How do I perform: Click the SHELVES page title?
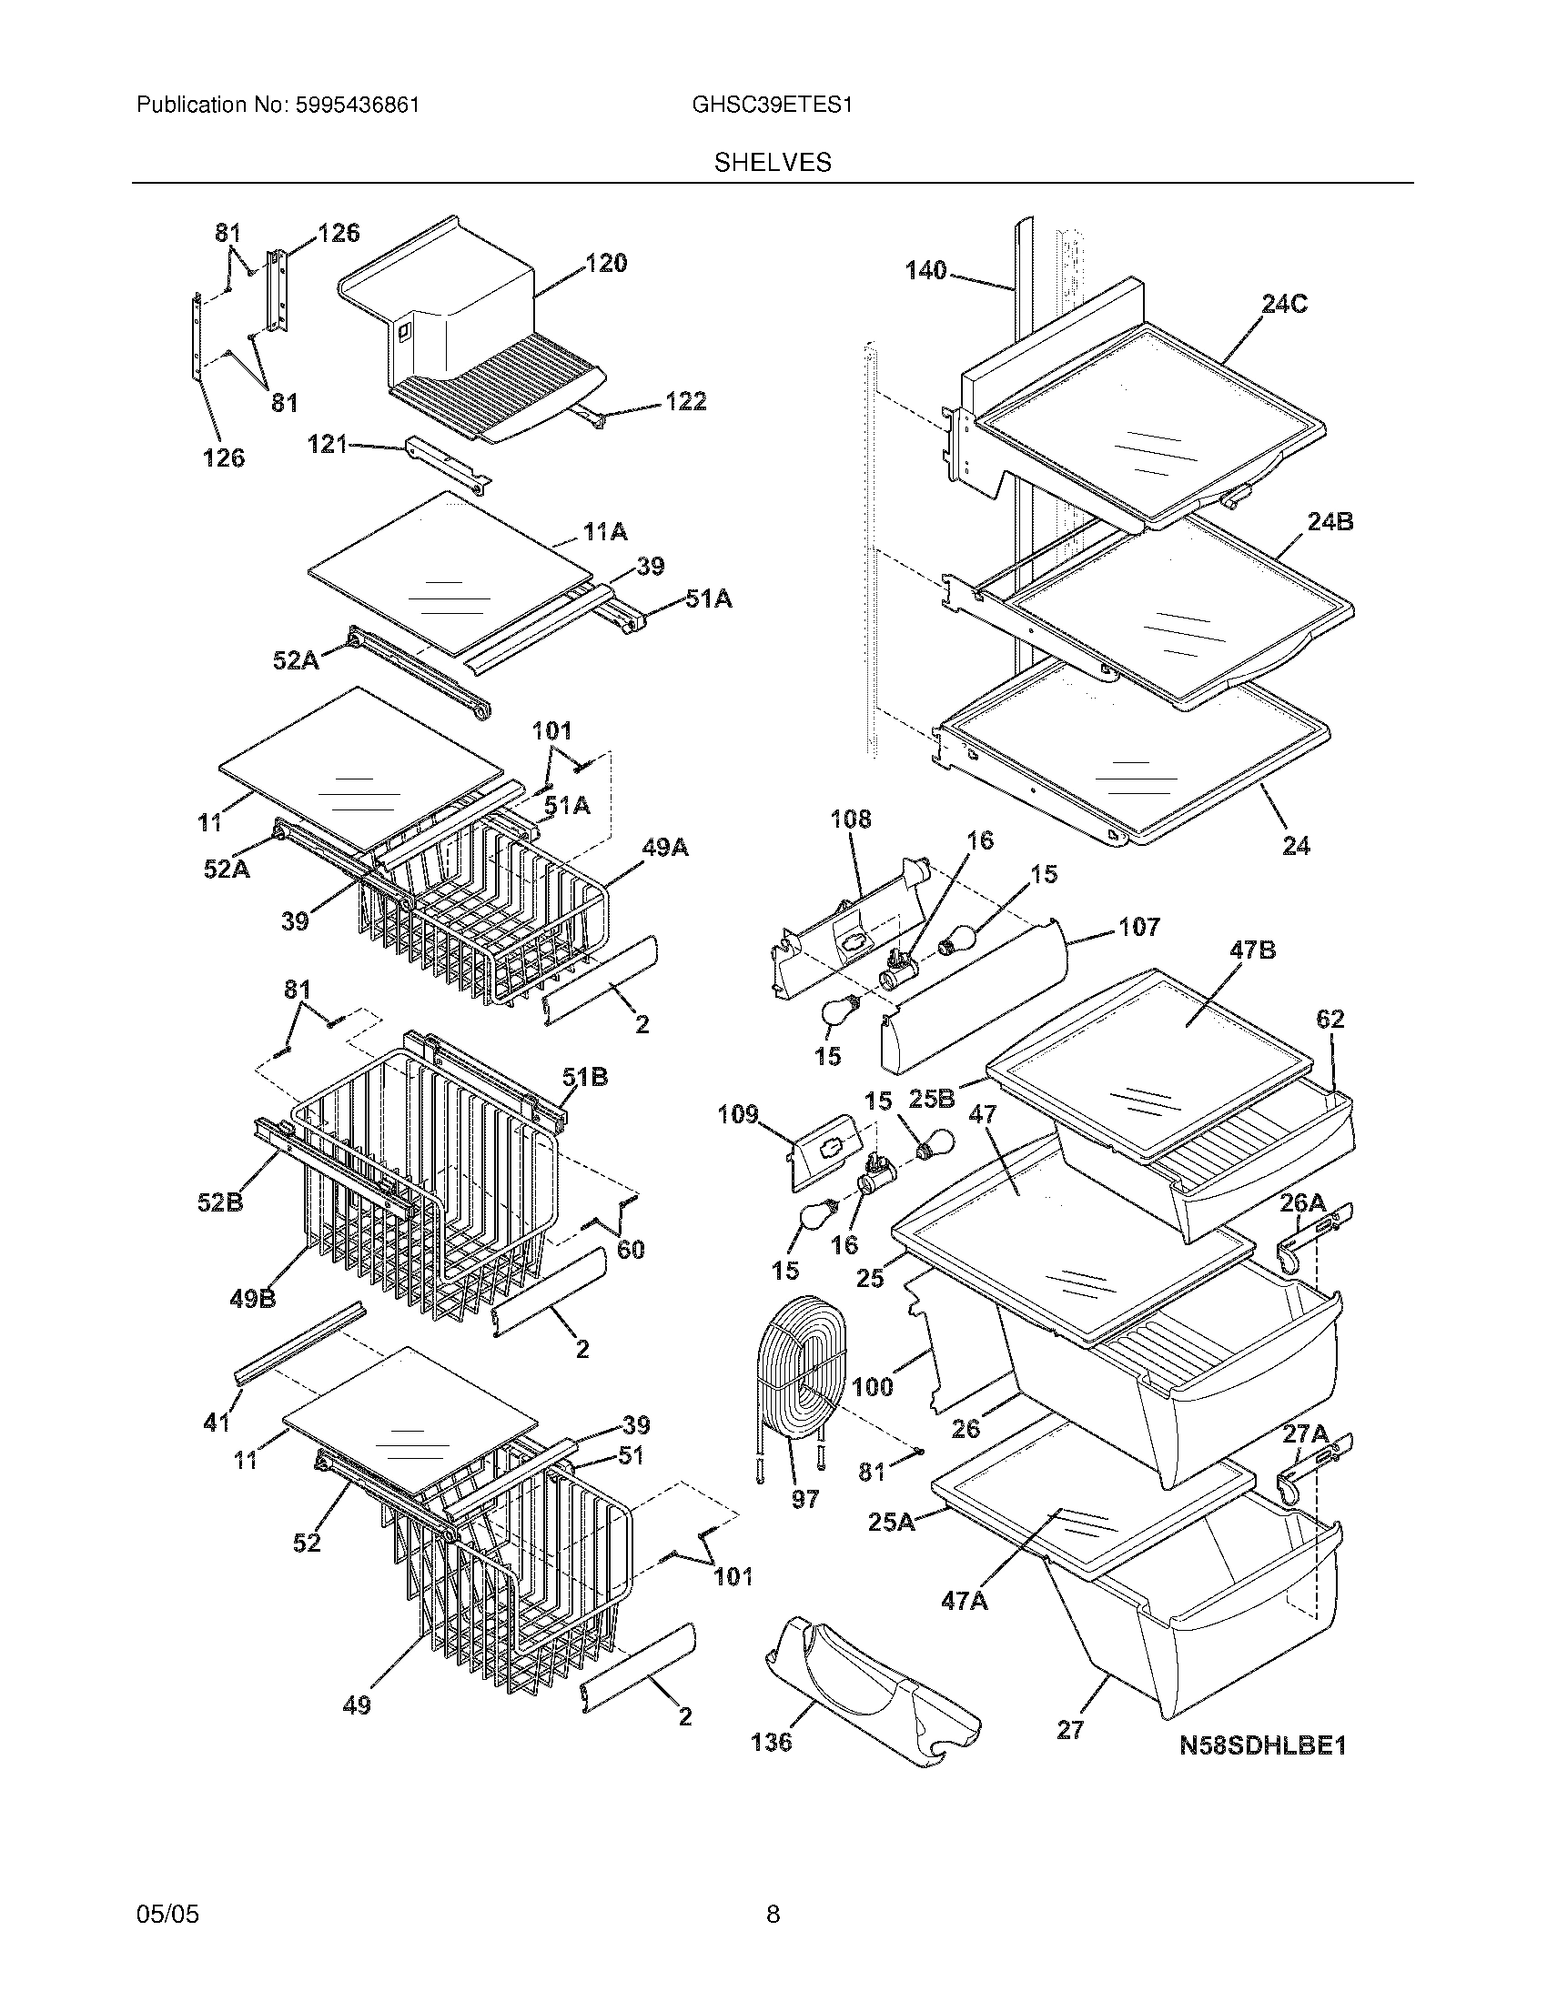[773, 163]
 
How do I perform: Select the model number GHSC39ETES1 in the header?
[772, 106]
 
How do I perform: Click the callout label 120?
[606, 264]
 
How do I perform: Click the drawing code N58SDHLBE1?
[1262, 1745]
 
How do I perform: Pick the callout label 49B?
[253, 1298]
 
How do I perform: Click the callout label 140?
[925, 271]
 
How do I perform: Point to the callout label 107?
[1138, 927]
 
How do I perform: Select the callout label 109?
[738, 1114]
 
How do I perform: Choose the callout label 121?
[327, 445]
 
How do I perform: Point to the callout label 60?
[630, 1249]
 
